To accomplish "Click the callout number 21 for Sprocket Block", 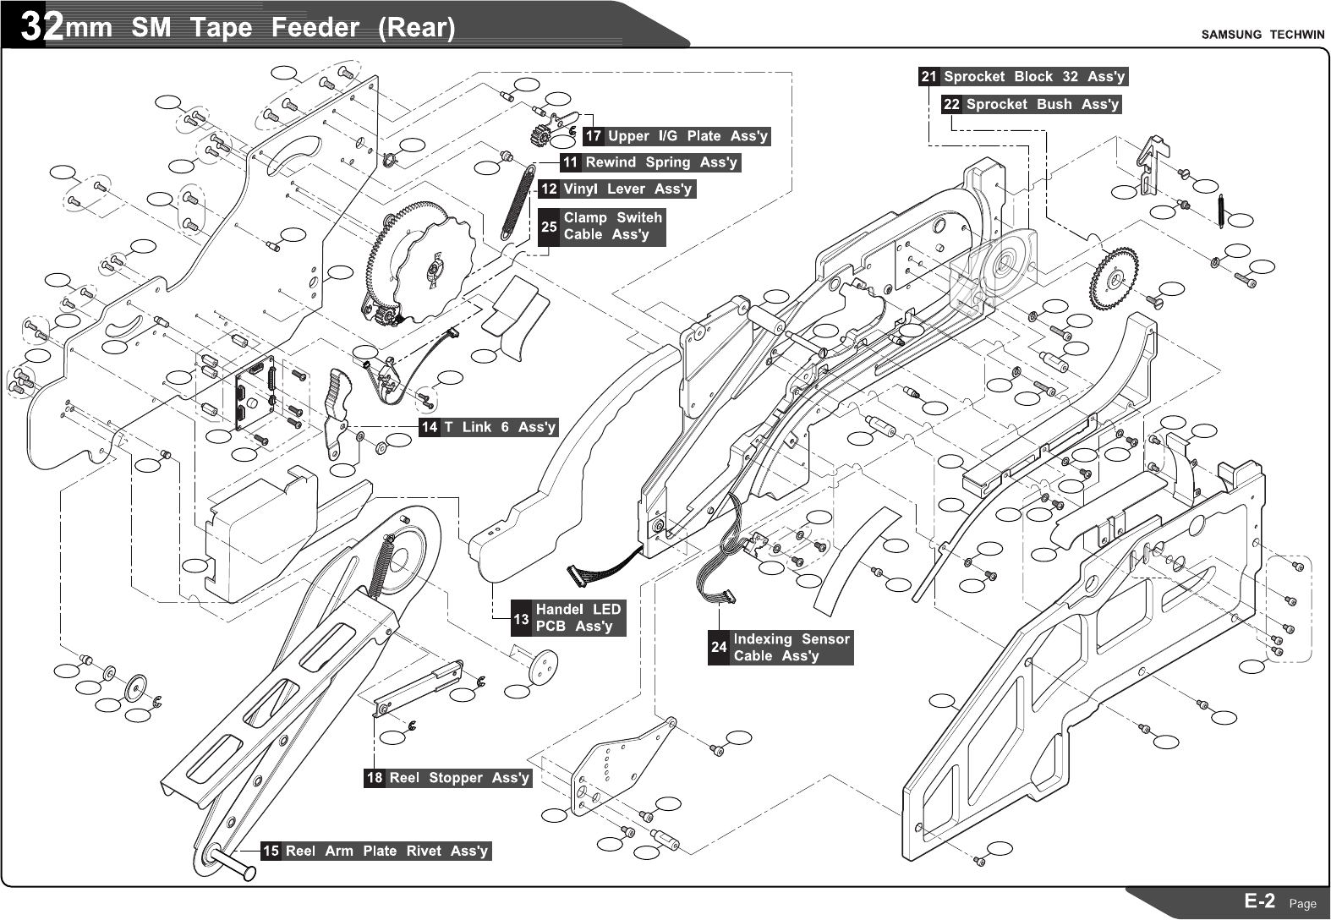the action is (x=928, y=77).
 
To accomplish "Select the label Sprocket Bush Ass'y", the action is (x=1042, y=105).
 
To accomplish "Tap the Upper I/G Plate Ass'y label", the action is (x=687, y=136).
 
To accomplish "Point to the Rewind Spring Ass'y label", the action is (x=660, y=162).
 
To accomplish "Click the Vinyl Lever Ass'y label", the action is (x=627, y=189).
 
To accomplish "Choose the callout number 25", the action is (x=549, y=227).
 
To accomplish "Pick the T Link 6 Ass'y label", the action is (x=499, y=427).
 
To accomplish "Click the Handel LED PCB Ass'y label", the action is (x=578, y=617).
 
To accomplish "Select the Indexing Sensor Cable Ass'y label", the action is (x=791, y=647).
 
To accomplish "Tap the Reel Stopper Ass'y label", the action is (x=458, y=778).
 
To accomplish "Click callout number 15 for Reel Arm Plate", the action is (x=271, y=851).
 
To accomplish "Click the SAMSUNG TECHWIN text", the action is (x=1263, y=35).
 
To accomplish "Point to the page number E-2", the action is (x=1259, y=901).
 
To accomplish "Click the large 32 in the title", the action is (x=41, y=27).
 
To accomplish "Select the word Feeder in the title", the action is (x=315, y=28).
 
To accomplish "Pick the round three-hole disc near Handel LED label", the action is (x=543, y=666).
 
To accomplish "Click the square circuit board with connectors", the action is (x=256, y=392).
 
